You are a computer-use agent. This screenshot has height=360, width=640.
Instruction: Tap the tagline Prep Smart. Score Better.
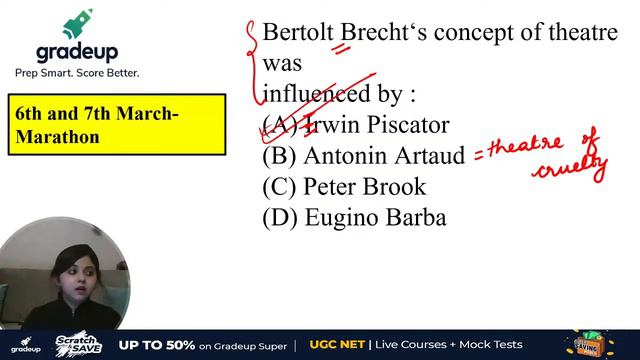[77, 73]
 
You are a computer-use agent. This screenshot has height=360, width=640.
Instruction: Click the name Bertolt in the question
[298, 32]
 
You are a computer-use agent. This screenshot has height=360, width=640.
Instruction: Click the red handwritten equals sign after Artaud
[479, 153]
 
